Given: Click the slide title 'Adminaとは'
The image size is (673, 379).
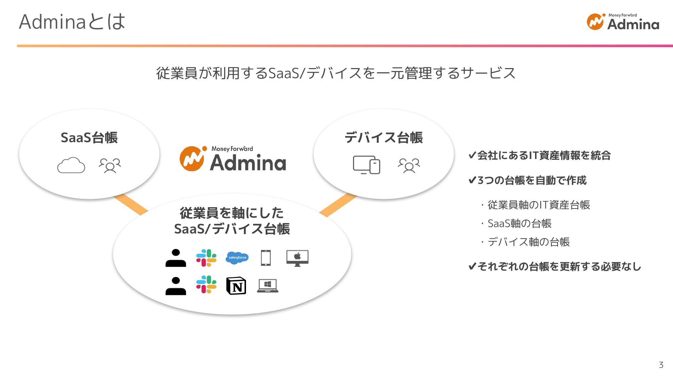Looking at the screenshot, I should point(72,22).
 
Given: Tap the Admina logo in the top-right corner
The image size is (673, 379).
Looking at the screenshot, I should point(623,22).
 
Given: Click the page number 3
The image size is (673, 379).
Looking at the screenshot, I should point(661,365).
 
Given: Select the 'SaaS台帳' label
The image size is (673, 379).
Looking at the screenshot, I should point(89,138).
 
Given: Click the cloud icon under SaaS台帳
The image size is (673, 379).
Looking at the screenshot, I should point(71,165).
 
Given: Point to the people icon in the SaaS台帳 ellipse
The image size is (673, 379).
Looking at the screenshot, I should point(110,165).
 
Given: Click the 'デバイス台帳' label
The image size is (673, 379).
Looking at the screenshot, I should point(384,138).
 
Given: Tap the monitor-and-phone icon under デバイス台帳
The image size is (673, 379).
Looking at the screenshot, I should point(366,165).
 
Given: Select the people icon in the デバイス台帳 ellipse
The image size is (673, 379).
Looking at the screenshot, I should point(409,165).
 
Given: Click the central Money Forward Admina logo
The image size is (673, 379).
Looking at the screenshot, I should point(233,159).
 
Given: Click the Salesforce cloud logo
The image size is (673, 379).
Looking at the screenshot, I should point(237,258).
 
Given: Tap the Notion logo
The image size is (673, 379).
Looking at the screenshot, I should point(236,286).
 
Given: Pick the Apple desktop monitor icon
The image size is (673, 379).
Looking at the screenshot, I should point(297,258).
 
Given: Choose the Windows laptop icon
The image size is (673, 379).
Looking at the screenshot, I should point(268,286).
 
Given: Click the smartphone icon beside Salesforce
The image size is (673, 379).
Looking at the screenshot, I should point(266,258).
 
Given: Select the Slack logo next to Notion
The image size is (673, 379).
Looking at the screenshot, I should point(206,285).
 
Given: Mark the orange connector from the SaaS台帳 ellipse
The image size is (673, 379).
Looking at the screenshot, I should point(131,204).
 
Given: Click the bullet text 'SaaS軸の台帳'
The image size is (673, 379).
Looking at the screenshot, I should point(520,223).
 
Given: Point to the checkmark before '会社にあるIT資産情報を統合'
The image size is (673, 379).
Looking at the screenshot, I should point(472,155).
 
